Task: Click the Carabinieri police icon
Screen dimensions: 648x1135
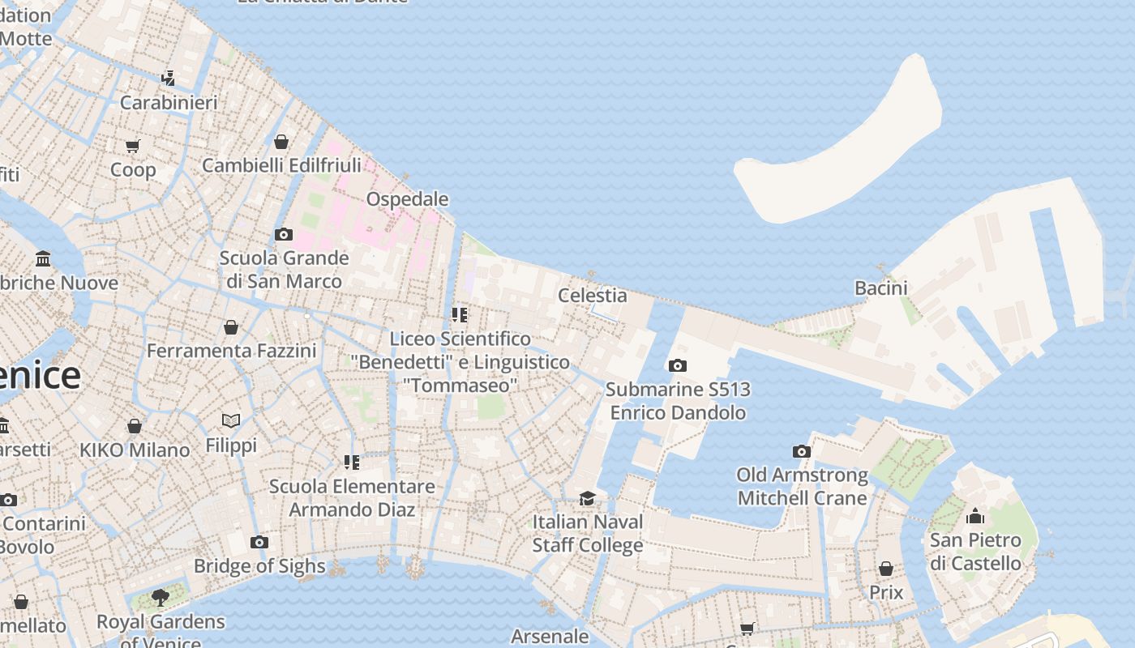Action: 168,79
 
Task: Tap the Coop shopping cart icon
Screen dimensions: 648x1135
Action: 133,146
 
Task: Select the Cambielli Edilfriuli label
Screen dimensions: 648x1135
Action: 281,165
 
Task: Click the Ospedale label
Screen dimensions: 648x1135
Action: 407,199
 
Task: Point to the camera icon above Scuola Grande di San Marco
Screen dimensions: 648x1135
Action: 283,234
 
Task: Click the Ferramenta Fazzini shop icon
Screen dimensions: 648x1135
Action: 231,327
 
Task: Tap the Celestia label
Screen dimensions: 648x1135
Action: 592,295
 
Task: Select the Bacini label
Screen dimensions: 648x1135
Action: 880,288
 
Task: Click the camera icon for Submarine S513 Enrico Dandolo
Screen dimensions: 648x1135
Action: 678,365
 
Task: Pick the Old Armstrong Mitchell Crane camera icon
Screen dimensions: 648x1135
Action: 801,451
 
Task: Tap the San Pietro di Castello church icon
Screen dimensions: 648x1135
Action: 975,516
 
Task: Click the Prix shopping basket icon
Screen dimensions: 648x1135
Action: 886,569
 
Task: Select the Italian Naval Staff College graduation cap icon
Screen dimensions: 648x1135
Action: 587,497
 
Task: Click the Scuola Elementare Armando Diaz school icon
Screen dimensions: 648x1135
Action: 352,463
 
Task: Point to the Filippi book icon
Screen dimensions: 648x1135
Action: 231,421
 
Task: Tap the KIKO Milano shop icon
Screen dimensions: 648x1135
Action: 135,426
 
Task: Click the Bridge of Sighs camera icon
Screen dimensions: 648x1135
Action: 259,542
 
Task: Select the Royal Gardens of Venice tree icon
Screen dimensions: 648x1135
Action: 161,598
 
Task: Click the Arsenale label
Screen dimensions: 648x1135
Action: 550,637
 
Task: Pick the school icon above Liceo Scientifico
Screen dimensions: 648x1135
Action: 460,314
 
